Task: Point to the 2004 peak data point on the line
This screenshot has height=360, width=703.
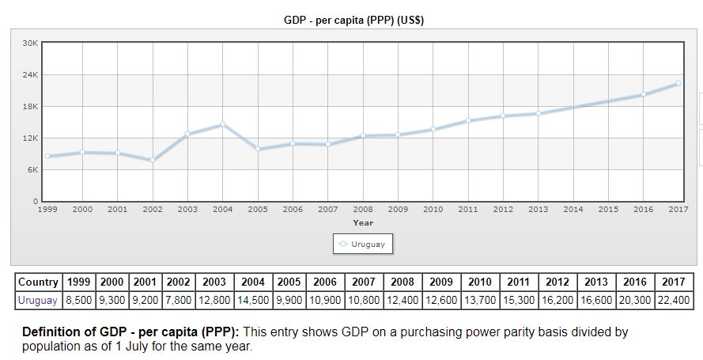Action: pyautogui.click(x=222, y=124)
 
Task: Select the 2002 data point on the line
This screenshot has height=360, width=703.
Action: pyautogui.click(x=153, y=160)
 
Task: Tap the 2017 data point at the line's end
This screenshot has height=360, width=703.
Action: pyautogui.click(x=678, y=83)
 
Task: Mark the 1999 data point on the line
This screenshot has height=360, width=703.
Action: pyautogui.click(x=47, y=156)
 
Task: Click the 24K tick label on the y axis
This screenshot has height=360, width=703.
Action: pyautogui.click(x=30, y=74)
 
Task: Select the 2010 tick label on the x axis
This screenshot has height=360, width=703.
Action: pyautogui.click(x=433, y=210)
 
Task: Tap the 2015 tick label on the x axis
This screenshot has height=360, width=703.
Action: pyautogui.click(x=608, y=210)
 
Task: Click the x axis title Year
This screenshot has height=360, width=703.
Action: pyautogui.click(x=363, y=222)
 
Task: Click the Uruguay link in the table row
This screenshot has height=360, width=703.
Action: pyautogui.click(x=37, y=301)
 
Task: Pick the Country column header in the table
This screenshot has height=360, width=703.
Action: pyautogui.click(x=38, y=282)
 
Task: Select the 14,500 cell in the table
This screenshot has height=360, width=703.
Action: pyautogui.click(x=252, y=301)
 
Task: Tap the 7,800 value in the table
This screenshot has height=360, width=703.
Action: pyautogui.click(x=179, y=301)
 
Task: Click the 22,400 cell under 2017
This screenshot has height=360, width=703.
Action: pyautogui.click(x=675, y=301)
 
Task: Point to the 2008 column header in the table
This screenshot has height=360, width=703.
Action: pyautogui.click(x=402, y=282)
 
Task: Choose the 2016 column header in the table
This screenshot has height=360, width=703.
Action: pyautogui.click(x=635, y=282)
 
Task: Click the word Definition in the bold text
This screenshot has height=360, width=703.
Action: pyautogui.click(x=51, y=332)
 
